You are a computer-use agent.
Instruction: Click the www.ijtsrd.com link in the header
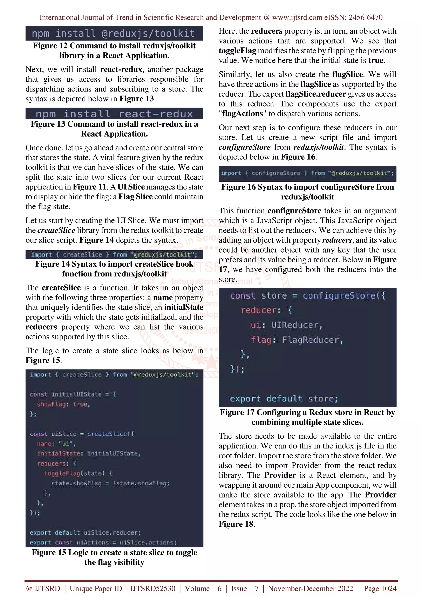click(297, 18)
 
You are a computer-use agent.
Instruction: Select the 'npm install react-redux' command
click(114, 114)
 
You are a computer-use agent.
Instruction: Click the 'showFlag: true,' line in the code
click(63, 404)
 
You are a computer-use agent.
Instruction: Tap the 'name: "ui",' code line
click(56, 444)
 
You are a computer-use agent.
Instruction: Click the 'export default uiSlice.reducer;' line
click(85, 533)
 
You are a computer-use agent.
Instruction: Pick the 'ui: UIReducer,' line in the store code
click(286, 325)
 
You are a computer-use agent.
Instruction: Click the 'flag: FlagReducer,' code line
click(297, 340)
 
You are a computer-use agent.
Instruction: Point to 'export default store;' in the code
click(284, 399)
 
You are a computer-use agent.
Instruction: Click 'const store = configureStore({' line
click(308, 296)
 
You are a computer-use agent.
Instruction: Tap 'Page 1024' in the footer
click(380, 588)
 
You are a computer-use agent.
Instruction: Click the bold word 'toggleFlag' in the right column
click(237, 51)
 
